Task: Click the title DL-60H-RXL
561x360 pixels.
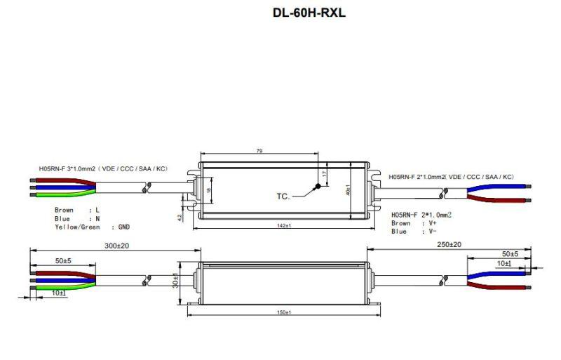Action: (x=309, y=13)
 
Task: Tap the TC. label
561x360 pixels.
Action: (x=283, y=196)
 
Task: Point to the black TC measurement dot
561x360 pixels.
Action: (x=317, y=186)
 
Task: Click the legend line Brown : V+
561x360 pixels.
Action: (x=409, y=223)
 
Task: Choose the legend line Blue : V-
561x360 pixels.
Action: (x=409, y=231)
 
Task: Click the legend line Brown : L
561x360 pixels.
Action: (x=76, y=210)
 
